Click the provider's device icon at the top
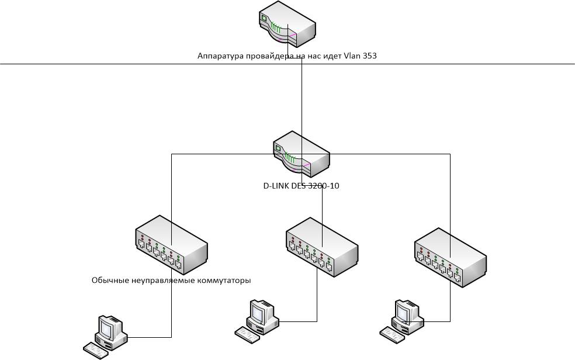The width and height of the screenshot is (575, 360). pos(287,25)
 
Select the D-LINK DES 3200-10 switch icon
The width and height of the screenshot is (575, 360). pos(301,154)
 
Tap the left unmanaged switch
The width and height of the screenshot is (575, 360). pos(171,244)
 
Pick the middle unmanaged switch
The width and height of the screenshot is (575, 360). pos(321,248)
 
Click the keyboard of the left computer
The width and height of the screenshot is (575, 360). pos(96,350)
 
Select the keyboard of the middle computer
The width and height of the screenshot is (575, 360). pos(247,333)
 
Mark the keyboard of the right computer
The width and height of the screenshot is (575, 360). pos(392,333)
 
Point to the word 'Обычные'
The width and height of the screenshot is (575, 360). pos(111,281)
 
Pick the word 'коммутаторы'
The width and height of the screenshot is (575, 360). pos(221,281)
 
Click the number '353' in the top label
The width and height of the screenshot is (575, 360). pos(369,56)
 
